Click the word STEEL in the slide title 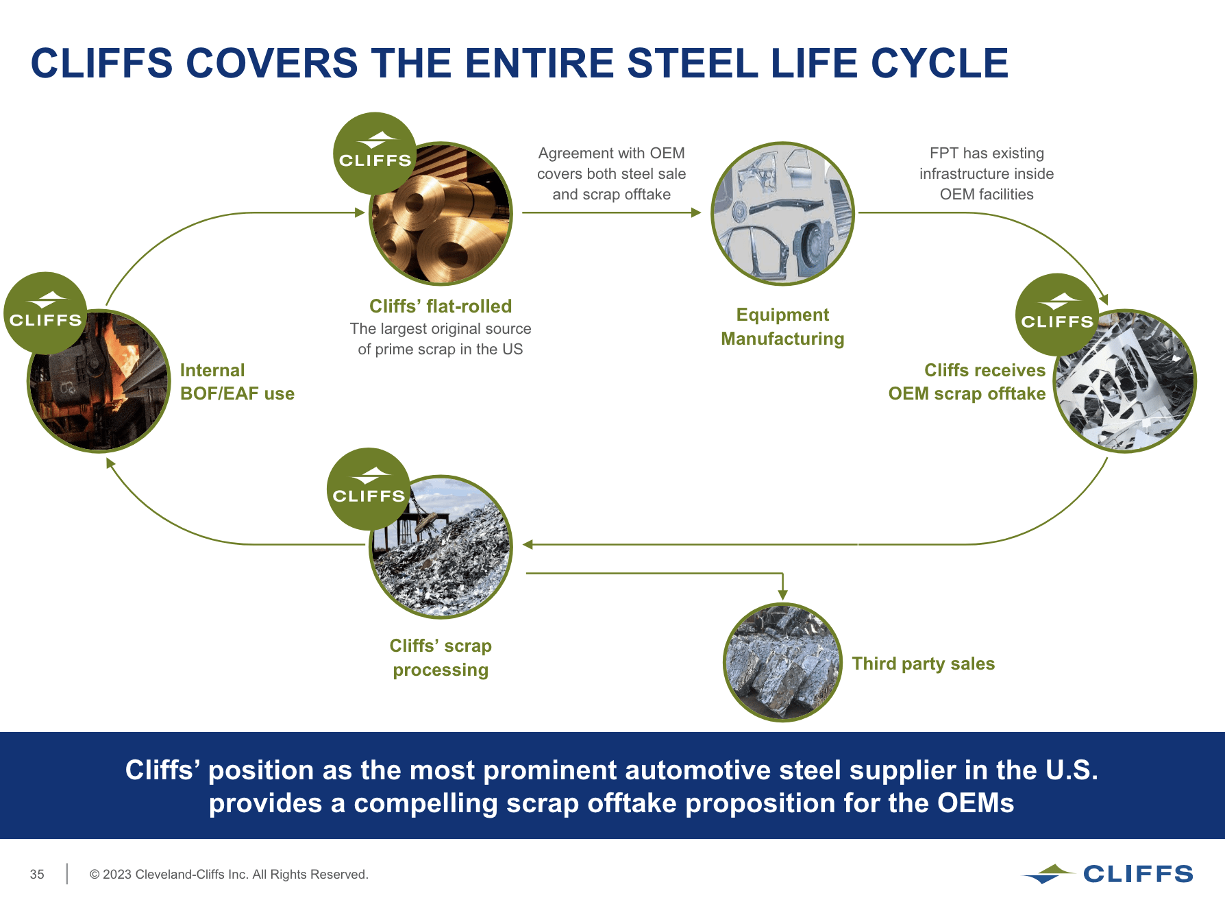click(x=693, y=63)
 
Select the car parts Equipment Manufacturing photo click(x=782, y=214)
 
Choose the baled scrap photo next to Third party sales click(x=782, y=662)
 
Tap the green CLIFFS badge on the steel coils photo click(x=375, y=152)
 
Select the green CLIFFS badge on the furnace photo click(x=45, y=313)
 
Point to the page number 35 click(x=37, y=875)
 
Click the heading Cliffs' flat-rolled click(x=441, y=306)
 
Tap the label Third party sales click(x=923, y=663)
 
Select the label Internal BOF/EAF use click(x=237, y=382)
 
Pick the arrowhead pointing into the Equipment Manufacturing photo click(x=696, y=212)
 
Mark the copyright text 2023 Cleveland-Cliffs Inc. click(x=229, y=875)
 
